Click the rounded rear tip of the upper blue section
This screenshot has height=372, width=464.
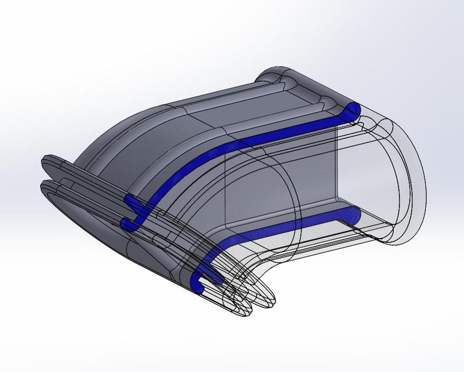click(x=353, y=109)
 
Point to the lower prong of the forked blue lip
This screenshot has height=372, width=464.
click(x=129, y=223)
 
